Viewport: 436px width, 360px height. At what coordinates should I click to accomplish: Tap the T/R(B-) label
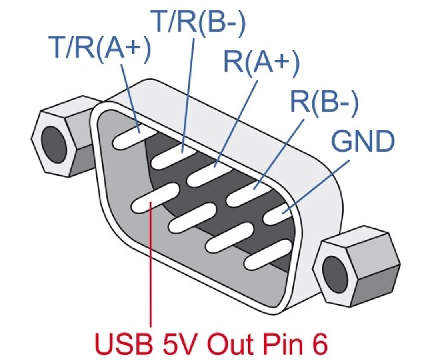tap(198, 22)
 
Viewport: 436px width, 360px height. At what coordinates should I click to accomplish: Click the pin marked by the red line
tap(155, 197)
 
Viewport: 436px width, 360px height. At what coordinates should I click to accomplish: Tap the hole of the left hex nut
tap(54, 144)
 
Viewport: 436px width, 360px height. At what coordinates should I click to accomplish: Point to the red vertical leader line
tap(151, 264)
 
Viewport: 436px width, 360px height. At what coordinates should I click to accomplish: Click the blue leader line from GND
tap(316, 187)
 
